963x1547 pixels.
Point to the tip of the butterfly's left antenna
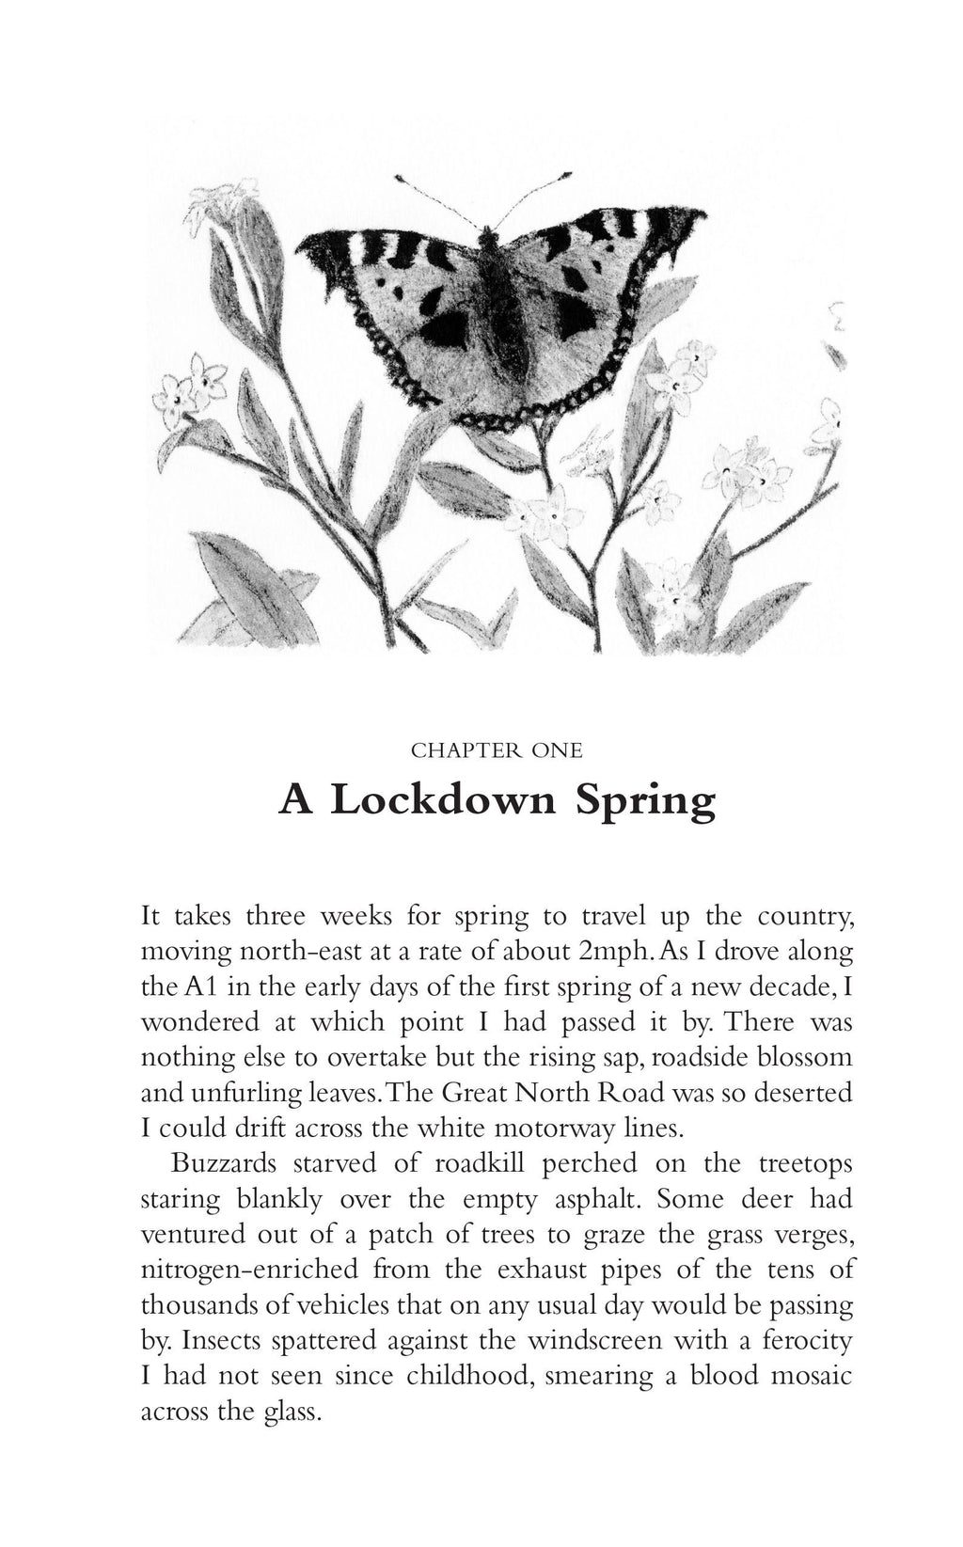point(399,176)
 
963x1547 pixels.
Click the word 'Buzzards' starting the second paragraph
point(224,1163)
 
